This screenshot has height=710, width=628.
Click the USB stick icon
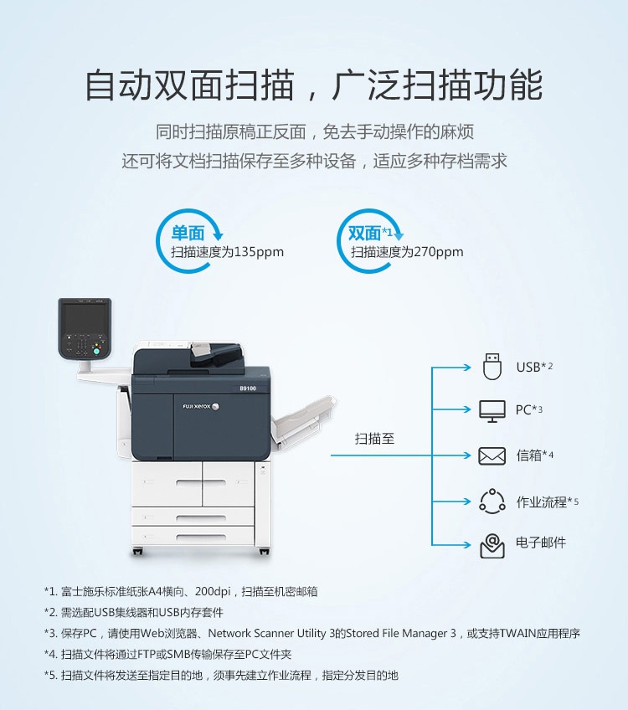(492, 367)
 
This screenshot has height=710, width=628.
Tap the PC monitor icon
(492, 411)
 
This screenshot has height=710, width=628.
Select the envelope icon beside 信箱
(492, 456)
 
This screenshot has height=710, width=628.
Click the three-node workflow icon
(492, 502)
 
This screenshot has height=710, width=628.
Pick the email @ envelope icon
(492, 545)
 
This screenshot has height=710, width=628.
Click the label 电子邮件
(541, 543)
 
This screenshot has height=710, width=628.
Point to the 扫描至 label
(374, 439)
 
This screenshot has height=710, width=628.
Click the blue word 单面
(188, 234)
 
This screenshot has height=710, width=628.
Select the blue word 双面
(364, 234)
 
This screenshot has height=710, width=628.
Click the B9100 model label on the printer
(248, 388)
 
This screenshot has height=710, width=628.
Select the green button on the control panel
(96, 352)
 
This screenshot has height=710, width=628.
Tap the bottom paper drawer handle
(201, 538)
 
